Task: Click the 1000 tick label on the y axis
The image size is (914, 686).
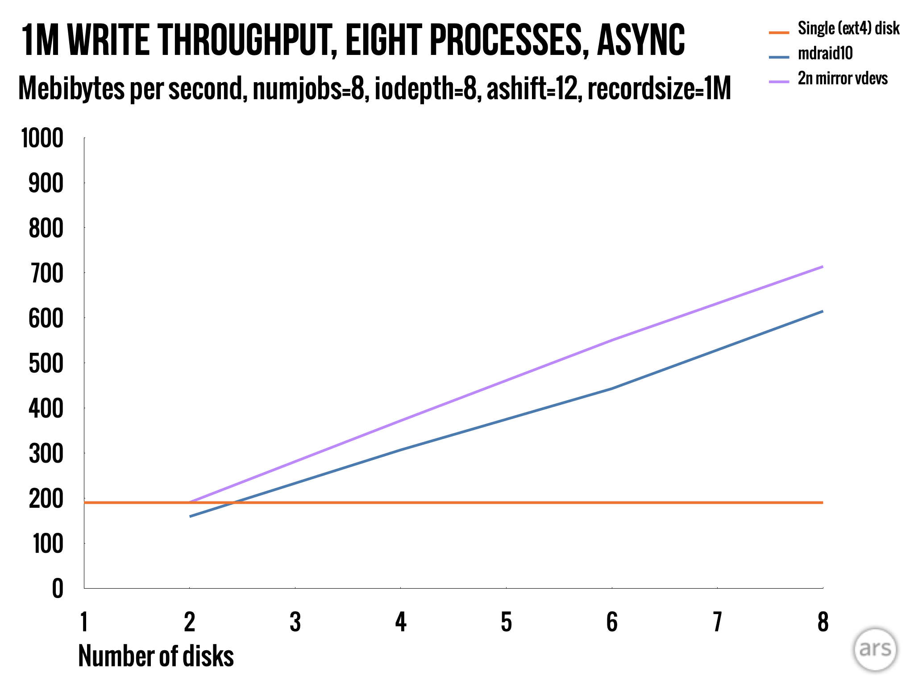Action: click(x=42, y=138)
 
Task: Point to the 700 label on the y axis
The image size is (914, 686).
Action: click(x=46, y=274)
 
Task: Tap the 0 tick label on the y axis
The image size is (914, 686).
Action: click(x=58, y=589)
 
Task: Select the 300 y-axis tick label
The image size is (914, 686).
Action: click(x=46, y=454)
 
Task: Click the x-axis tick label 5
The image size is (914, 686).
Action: click(x=506, y=622)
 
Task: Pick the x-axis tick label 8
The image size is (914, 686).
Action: click(x=823, y=622)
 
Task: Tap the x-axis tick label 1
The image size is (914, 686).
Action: click(x=84, y=622)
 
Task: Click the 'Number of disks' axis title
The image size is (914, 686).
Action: click(x=156, y=656)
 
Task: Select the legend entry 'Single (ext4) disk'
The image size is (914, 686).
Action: click(x=848, y=29)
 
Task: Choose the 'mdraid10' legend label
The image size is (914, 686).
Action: click(x=825, y=54)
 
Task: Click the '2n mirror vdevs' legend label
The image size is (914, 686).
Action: click(x=843, y=79)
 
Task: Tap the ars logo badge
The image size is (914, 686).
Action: click(x=875, y=649)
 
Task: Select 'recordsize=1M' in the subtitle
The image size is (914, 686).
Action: click(x=659, y=88)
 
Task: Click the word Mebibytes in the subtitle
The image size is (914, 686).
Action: click(x=71, y=88)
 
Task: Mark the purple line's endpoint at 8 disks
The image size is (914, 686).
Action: click(x=823, y=267)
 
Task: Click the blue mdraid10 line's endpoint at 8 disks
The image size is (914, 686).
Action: click(x=823, y=311)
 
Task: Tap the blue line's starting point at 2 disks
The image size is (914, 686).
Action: click(x=190, y=517)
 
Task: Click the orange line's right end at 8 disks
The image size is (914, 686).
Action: click(x=823, y=502)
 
